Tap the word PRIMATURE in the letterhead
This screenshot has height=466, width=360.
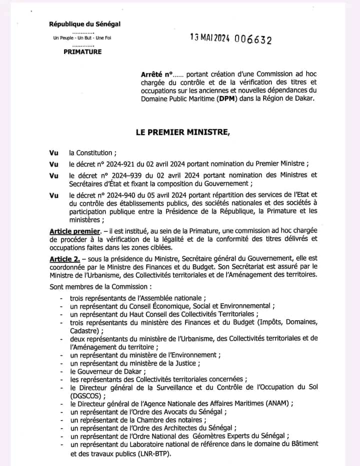tap(82, 51)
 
